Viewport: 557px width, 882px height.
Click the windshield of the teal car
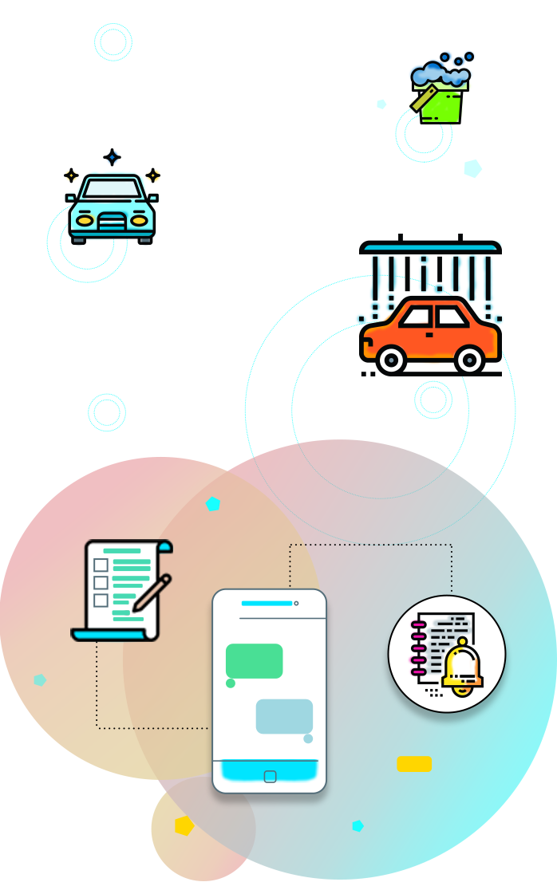point(112,188)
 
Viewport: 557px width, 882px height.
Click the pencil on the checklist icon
point(152,593)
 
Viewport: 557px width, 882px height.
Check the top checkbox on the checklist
point(101,565)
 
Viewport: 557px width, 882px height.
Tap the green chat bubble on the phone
point(254,661)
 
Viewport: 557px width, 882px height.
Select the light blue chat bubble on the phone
point(284,716)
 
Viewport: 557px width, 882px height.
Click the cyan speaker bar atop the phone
point(267,604)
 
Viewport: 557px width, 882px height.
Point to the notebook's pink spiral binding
point(417,646)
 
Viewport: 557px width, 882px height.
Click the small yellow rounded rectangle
point(414,764)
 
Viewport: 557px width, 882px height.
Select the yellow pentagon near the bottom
point(184,825)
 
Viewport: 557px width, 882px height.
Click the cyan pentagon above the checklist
point(213,504)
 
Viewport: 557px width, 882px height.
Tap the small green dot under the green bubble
point(231,683)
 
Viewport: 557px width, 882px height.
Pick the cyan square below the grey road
point(107,412)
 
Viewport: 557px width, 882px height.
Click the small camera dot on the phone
point(296,604)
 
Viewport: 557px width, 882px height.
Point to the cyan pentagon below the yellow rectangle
point(358,825)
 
